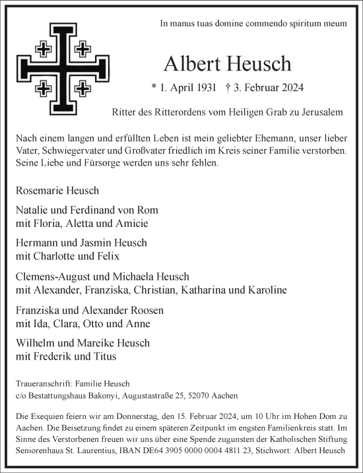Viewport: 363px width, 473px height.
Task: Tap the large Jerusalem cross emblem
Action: (61, 68)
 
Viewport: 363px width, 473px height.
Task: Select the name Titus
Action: (104, 356)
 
